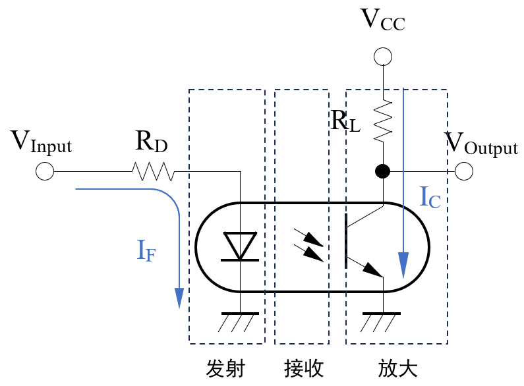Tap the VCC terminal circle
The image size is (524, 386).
[383, 57]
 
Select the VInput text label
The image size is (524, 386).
[41, 142]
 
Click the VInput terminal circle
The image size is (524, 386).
[44, 172]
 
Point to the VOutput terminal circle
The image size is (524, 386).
[464, 172]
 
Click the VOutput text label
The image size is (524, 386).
[481, 144]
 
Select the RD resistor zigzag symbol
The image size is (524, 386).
[153, 172]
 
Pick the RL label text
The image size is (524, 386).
[345, 121]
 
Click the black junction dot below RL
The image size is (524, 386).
[382, 172]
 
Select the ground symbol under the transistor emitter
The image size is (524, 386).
[382, 321]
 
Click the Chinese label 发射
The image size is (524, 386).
[225, 368]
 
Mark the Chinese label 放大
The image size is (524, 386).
[397, 368]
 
